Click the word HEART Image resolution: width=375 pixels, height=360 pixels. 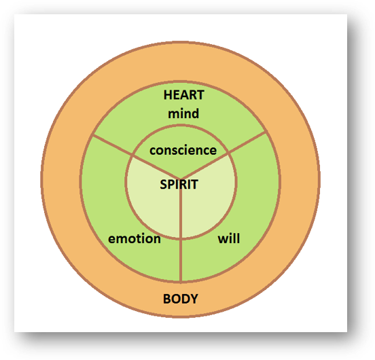(183, 95)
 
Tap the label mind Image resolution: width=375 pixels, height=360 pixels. (183, 113)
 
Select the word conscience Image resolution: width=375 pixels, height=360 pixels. (183, 151)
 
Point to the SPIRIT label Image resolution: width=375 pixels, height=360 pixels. (179, 184)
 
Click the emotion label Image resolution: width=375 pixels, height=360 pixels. (135, 238)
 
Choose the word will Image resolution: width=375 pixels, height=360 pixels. (229, 239)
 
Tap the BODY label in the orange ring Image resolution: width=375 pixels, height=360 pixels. (181, 299)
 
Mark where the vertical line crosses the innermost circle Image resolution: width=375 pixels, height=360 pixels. (181, 238)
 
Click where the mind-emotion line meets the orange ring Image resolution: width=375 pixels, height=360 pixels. (90, 136)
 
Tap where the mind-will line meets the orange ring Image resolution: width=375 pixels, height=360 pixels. (266, 134)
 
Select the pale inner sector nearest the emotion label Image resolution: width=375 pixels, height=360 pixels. (153, 204)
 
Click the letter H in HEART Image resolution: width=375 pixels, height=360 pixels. (167, 95)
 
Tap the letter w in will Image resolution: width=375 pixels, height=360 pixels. (222, 239)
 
